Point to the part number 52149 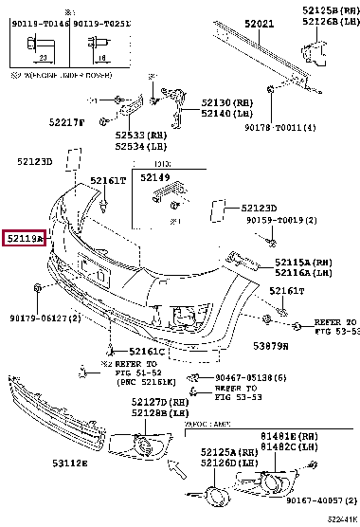coord(154,176)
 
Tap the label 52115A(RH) coord(303,262)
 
